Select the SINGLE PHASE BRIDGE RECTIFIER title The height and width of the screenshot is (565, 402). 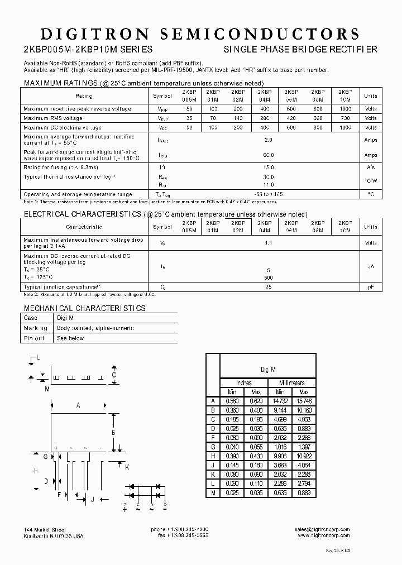tap(300, 50)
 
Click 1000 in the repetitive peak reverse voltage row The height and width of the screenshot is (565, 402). tap(346, 109)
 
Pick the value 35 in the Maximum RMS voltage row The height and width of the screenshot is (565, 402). tap(189, 118)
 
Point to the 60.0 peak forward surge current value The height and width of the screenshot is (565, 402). tap(268, 155)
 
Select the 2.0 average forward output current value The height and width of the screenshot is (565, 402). tap(268, 140)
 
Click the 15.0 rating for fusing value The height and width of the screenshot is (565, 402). tap(268, 167)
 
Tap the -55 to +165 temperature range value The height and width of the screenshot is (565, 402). tap(268, 194)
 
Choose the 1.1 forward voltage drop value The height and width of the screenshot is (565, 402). tap(268, 243)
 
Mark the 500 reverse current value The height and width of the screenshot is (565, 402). tap(268, 277)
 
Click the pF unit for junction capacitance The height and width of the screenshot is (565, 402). tap(370, 286)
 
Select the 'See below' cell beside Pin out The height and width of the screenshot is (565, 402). tap(70, 338)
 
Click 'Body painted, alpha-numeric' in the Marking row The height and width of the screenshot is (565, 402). tap(95, 328)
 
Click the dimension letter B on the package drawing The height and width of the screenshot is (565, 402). tap(113, 433)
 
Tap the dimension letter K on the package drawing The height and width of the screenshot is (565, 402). tap(127, 467)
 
